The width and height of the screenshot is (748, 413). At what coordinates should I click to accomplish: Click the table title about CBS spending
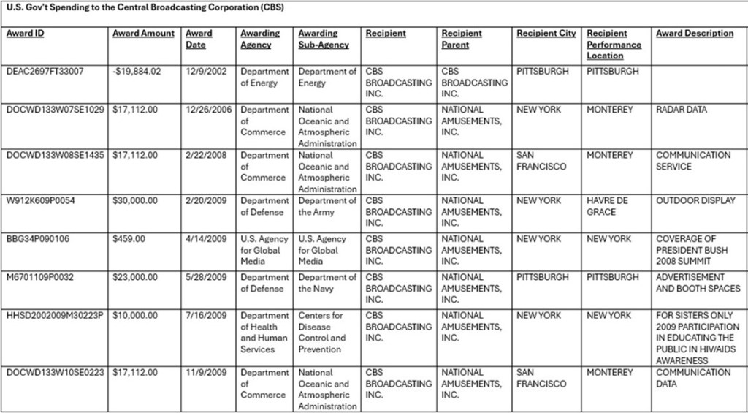(x=145, y=7)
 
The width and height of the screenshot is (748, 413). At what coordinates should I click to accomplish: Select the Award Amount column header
(x=143, y=34)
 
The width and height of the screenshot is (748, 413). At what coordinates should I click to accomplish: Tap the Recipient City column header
(x=546, y=34)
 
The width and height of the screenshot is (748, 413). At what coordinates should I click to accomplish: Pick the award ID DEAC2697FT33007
(x=45, y=72)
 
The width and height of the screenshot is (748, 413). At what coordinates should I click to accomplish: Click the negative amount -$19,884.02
(x=137, y=72)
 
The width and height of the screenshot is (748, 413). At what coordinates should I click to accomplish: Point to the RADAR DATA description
(x=682, y=110)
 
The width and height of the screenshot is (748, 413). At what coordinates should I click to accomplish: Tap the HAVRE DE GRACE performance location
(x=607, y=206)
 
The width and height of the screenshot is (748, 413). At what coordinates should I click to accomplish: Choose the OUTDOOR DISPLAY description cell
(x=695, y=201)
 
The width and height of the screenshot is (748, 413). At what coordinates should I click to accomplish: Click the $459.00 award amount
(x=129, y=239)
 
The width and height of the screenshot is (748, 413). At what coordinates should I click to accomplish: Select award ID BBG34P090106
(x=38, y=239)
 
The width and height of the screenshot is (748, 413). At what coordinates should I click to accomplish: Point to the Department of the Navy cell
(x=327, y=283)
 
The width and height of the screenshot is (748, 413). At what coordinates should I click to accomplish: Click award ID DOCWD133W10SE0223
(x=56, y=373)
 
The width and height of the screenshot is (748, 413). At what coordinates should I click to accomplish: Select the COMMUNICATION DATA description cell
(x=692, y=378)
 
